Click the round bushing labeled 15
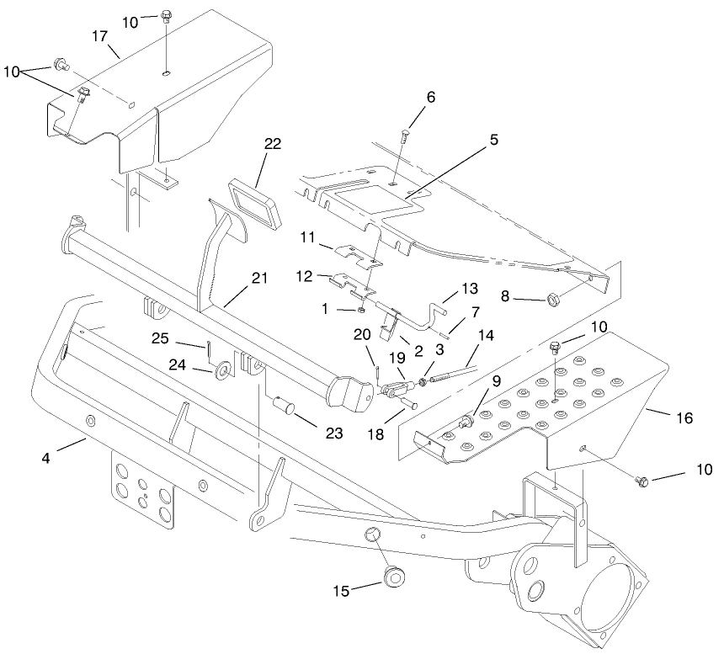(391, 577)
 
